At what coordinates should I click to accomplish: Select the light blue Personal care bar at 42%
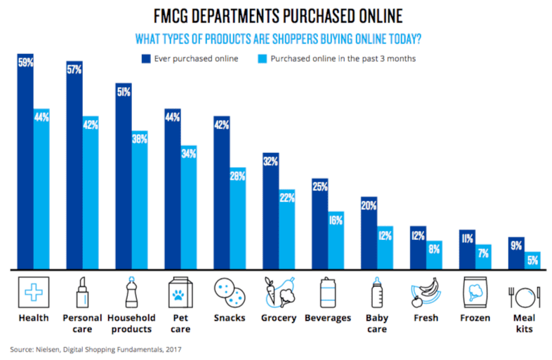pos(91,193)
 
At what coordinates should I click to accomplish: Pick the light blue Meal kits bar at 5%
pos(532,260)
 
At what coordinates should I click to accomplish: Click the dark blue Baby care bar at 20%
pos(369,232)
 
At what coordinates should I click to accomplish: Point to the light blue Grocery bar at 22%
pos(287,229)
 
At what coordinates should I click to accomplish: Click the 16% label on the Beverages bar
pos(336,220)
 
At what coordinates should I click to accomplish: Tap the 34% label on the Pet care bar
pos(189,154)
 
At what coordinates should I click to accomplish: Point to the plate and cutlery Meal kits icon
pos(524,291)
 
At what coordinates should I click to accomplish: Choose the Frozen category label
pos(475,318)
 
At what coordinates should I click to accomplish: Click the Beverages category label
pos(328,318)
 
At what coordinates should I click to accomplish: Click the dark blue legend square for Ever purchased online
pos(148,58)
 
